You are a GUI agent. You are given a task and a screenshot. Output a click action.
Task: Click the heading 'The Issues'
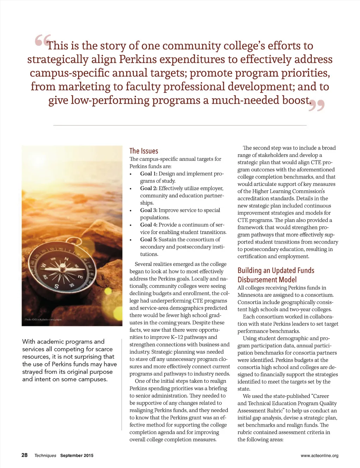(x=144, y=151)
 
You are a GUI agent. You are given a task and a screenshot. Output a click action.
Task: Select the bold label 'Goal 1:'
(x=149, y=173)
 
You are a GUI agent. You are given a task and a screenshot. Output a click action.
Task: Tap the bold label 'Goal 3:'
(x=149, y=210)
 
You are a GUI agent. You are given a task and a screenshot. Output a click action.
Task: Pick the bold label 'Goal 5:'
(x=149, y=239)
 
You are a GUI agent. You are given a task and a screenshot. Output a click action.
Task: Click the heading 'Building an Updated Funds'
(x=276, y=270)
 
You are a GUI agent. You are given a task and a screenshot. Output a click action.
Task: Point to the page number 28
(x=24, y=455)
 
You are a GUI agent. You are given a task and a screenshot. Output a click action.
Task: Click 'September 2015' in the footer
(x=77, y=455)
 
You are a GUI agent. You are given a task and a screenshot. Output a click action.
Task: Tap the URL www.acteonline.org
(x=319, y=456)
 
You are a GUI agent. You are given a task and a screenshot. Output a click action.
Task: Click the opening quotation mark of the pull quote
(x=43, y=40)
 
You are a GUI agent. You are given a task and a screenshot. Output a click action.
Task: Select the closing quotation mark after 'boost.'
(x=316, y=105)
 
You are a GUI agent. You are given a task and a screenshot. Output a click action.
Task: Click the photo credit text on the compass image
(x=43, y=320)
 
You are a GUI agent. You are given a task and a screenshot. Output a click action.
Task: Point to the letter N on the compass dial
(x=66, y=259)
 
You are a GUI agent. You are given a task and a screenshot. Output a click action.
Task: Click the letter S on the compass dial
(x=56, y=286)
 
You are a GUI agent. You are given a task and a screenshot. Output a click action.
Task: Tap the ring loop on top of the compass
(x=74, y=242)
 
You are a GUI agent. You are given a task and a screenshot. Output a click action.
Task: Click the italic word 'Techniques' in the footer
(x=45, y=455)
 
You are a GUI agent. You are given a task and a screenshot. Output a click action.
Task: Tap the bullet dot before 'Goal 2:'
(x=131, y=189)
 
